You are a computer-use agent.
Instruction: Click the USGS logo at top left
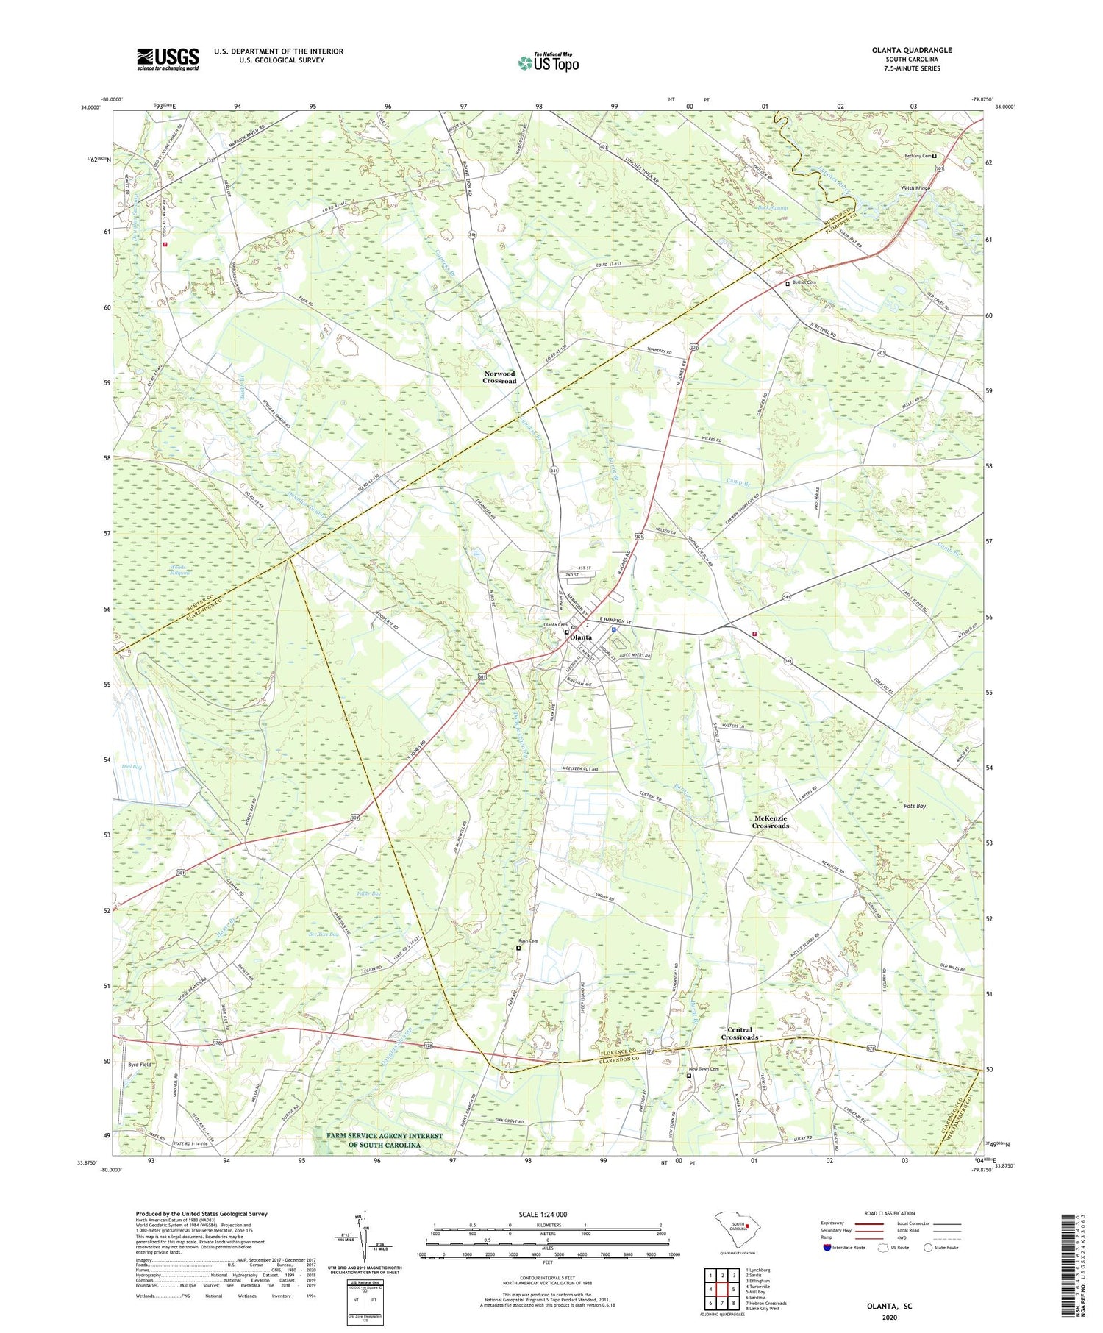click(168, 59)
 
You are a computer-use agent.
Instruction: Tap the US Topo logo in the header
click(548, 63)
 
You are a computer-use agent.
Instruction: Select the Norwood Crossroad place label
click(499, 377)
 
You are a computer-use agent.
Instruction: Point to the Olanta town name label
click(581, 637)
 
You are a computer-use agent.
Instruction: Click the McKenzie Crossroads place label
click(770, 822)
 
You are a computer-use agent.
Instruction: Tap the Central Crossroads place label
click(739, 1033)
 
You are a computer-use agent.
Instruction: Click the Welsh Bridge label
click(915, 188)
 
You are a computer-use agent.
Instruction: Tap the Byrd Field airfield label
click(140, 1065)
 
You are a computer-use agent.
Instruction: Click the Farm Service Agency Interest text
click(385, 1140)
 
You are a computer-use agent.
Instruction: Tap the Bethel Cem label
click(804, 282)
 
